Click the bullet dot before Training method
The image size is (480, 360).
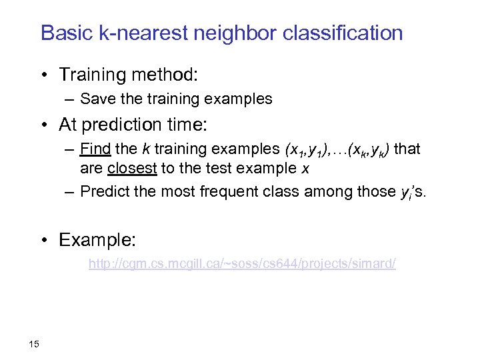[46, 74]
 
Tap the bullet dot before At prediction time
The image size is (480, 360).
[46, 125]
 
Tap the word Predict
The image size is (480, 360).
[105, 192]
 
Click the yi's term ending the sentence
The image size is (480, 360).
[417, 193]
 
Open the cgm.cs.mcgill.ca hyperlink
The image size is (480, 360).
[242, 265]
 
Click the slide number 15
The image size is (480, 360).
[35, 344]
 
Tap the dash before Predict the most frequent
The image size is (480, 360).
[70, 192]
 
